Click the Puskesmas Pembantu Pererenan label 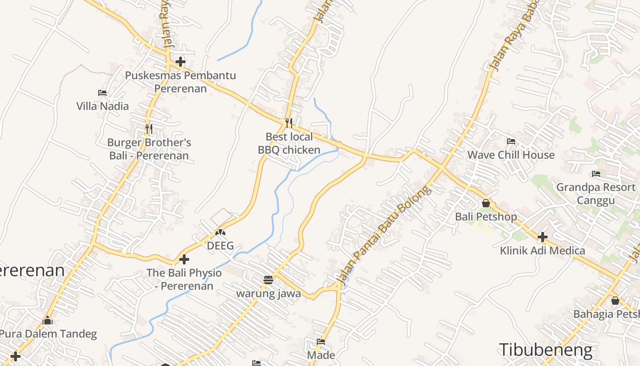(181, 82)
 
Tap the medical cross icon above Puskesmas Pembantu (181, 61)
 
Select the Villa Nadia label (102, 106)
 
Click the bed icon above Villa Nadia (102, 93)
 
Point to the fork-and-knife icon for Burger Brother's (149, 129)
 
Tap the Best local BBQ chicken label (289, 143)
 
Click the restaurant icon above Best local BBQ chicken (288, 123)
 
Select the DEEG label (220, 246)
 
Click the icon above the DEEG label (220, 232)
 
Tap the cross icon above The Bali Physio (184, 259)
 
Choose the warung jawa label (268, 293)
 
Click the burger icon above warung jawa (268, 280)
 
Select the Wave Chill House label (511, 155)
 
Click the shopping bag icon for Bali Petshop (486, 203)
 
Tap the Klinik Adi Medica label (542, 250)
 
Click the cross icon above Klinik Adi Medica (542, 237)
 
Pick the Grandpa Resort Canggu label (596, 194)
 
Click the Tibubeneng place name (546, 350)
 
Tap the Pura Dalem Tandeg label (48, 334)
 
